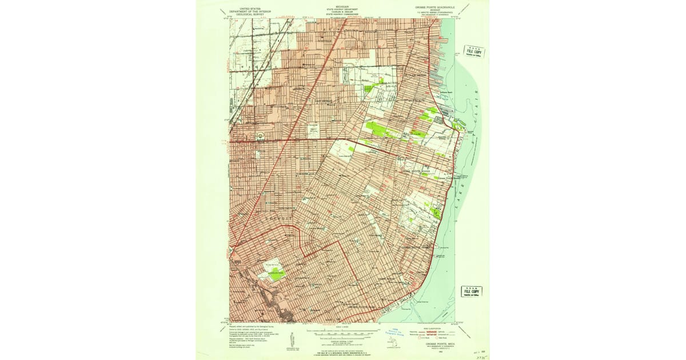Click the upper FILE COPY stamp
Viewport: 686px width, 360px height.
[x=474, y=51]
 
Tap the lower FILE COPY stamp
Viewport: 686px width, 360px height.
[x=472, y=291]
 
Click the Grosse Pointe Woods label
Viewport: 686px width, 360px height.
[x=417, y=170]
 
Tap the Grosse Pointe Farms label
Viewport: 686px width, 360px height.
[x=415, y=247]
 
